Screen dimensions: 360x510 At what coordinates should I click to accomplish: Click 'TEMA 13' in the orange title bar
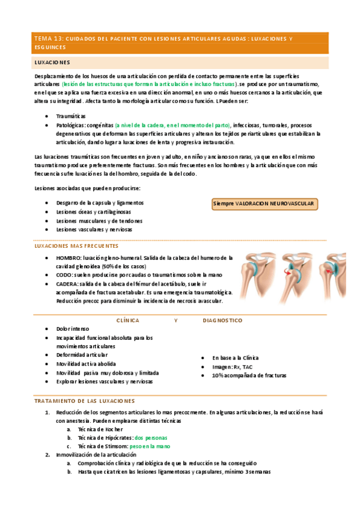point(47,39)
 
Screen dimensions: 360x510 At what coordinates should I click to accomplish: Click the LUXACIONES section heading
point(52,63)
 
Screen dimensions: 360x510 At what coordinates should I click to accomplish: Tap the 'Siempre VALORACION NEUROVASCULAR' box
point(264,204)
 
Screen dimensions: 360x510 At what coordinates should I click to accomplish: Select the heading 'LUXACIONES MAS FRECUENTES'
point(77,246)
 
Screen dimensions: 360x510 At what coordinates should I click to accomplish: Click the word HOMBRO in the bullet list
point(70,257)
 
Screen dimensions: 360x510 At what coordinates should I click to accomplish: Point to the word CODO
point(64,274)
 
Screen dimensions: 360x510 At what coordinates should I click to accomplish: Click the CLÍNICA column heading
point(127,321)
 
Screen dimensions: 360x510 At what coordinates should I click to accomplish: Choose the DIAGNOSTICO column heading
point(222,321)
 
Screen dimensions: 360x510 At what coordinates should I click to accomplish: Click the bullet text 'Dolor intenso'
point(73,329)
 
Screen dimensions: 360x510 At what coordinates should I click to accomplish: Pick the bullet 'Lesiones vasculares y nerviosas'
point(94,229)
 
